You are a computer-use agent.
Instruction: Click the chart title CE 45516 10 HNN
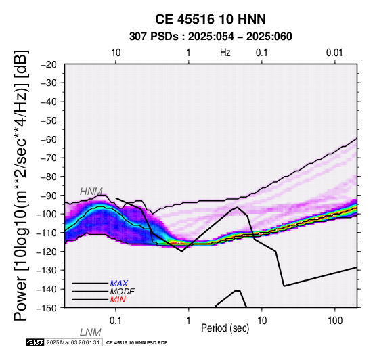tap(211, 19)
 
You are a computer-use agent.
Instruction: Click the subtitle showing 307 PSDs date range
tap(211, 37)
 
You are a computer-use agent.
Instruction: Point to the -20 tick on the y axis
tap(49, 64)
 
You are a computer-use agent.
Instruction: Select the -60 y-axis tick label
tap(49, 139)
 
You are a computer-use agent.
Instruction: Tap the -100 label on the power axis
tap(47, 214)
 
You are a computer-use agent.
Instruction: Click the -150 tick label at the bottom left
tap(47, 308)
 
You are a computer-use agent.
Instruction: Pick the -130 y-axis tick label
tap(47, 270)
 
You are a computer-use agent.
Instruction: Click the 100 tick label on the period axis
tap(335, 321)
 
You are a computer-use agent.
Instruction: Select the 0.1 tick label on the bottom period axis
tap(115, 321)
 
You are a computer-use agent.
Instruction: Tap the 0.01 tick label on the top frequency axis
tap(334, 53)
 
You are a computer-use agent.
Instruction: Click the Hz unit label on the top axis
tap(225, 53)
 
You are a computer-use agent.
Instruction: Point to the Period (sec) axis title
tap(225, 328)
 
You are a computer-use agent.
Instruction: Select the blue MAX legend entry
tap(119, 284)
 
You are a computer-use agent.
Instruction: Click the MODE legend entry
tap(123, 292)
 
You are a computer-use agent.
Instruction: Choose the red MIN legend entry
tap(118, 300)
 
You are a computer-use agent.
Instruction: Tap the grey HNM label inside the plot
tap(91, 192)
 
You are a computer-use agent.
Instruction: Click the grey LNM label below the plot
tap(91, 332)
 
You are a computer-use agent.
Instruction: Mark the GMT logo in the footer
tap(35, 343)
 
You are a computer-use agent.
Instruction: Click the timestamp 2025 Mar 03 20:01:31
tap(73, 343)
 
